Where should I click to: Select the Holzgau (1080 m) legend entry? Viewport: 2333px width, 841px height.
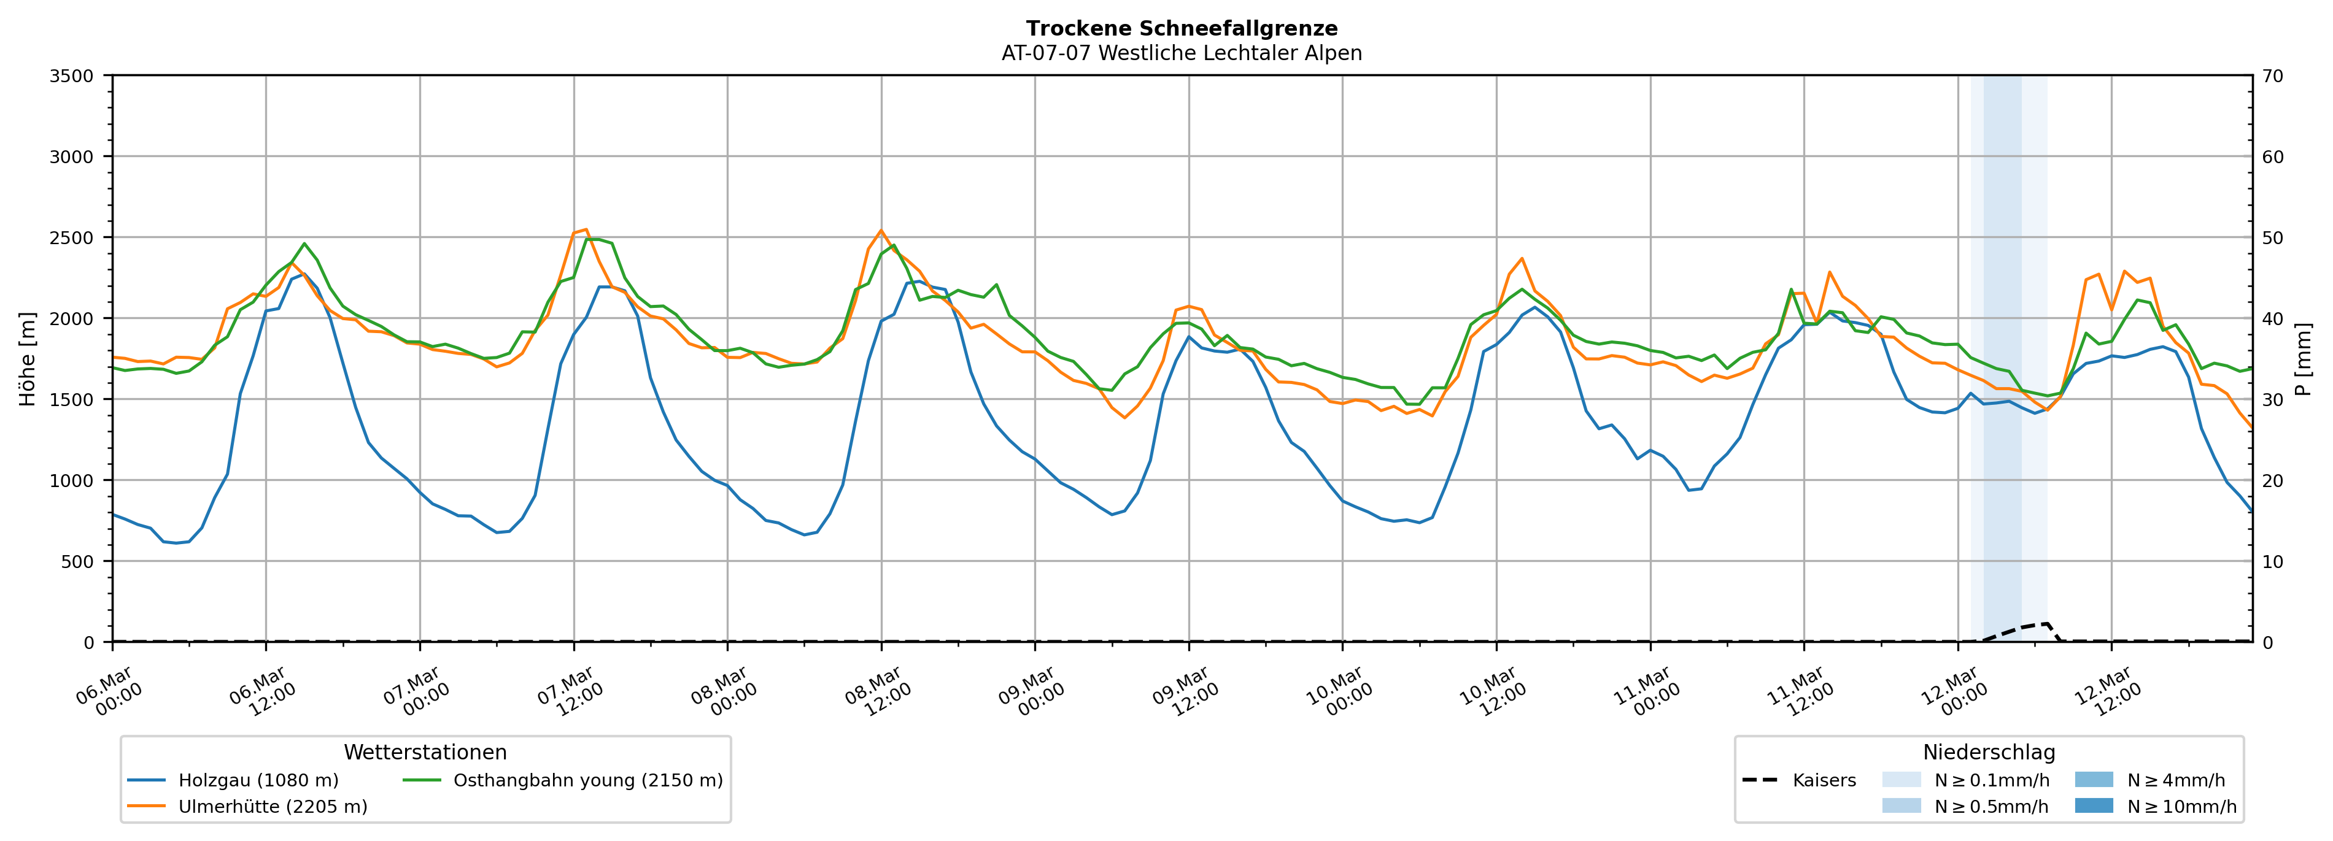coord(258,780)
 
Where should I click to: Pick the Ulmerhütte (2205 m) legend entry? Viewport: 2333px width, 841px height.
coord(273,807)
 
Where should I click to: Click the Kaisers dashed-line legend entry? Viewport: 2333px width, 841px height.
coord(1823,780)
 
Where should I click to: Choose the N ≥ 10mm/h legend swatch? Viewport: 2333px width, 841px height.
coord(2093,805)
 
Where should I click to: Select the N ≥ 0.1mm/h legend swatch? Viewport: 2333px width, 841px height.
coord(1901,780)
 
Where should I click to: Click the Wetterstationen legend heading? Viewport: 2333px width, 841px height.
coord(425,752)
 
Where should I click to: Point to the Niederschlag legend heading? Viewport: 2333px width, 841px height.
coord(1989,752)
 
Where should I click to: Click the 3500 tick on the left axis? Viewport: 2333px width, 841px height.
coord(72,76)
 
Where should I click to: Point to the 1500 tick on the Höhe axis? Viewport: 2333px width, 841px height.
coord(72,399)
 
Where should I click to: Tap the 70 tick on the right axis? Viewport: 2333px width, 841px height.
coord(2272,76)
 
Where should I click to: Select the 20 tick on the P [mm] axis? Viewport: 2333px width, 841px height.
coord(2272,481)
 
